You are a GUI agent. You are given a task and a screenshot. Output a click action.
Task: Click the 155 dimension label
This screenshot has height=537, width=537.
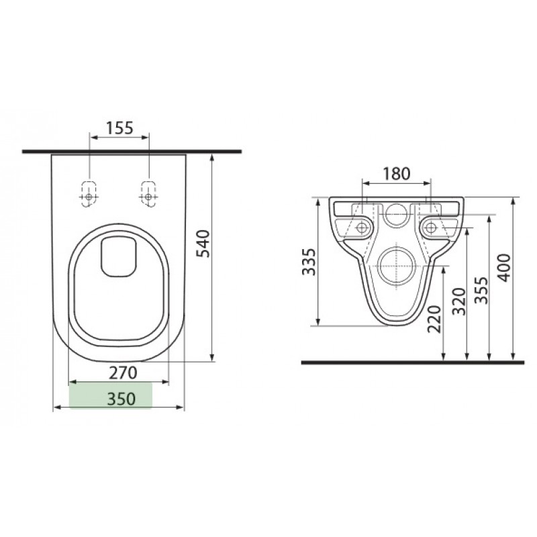[119, 128]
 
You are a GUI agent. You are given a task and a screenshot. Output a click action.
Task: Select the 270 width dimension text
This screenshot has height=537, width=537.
[123, 373]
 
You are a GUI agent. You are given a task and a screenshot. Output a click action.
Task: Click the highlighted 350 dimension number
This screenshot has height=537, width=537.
[121, 399]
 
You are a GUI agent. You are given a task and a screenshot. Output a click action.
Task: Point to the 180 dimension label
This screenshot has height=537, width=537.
[396, 174]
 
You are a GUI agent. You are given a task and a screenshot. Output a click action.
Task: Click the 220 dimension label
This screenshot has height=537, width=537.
[434, 319]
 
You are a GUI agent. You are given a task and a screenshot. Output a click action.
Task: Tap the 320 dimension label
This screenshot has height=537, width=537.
[459, 301]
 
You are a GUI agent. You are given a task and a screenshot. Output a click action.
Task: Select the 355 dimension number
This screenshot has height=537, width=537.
[481, 290]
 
